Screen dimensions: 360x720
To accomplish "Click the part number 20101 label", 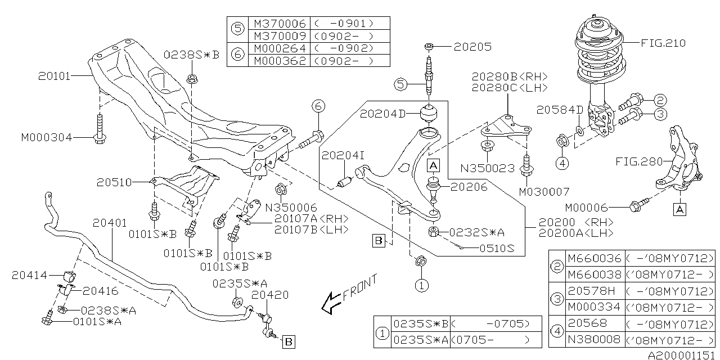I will [x=55, y=75].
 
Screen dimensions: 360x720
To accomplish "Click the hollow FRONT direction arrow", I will [x=330, y=304].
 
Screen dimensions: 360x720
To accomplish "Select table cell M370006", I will [x=280, y=24].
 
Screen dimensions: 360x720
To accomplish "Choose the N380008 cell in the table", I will [x=595, y=339].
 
